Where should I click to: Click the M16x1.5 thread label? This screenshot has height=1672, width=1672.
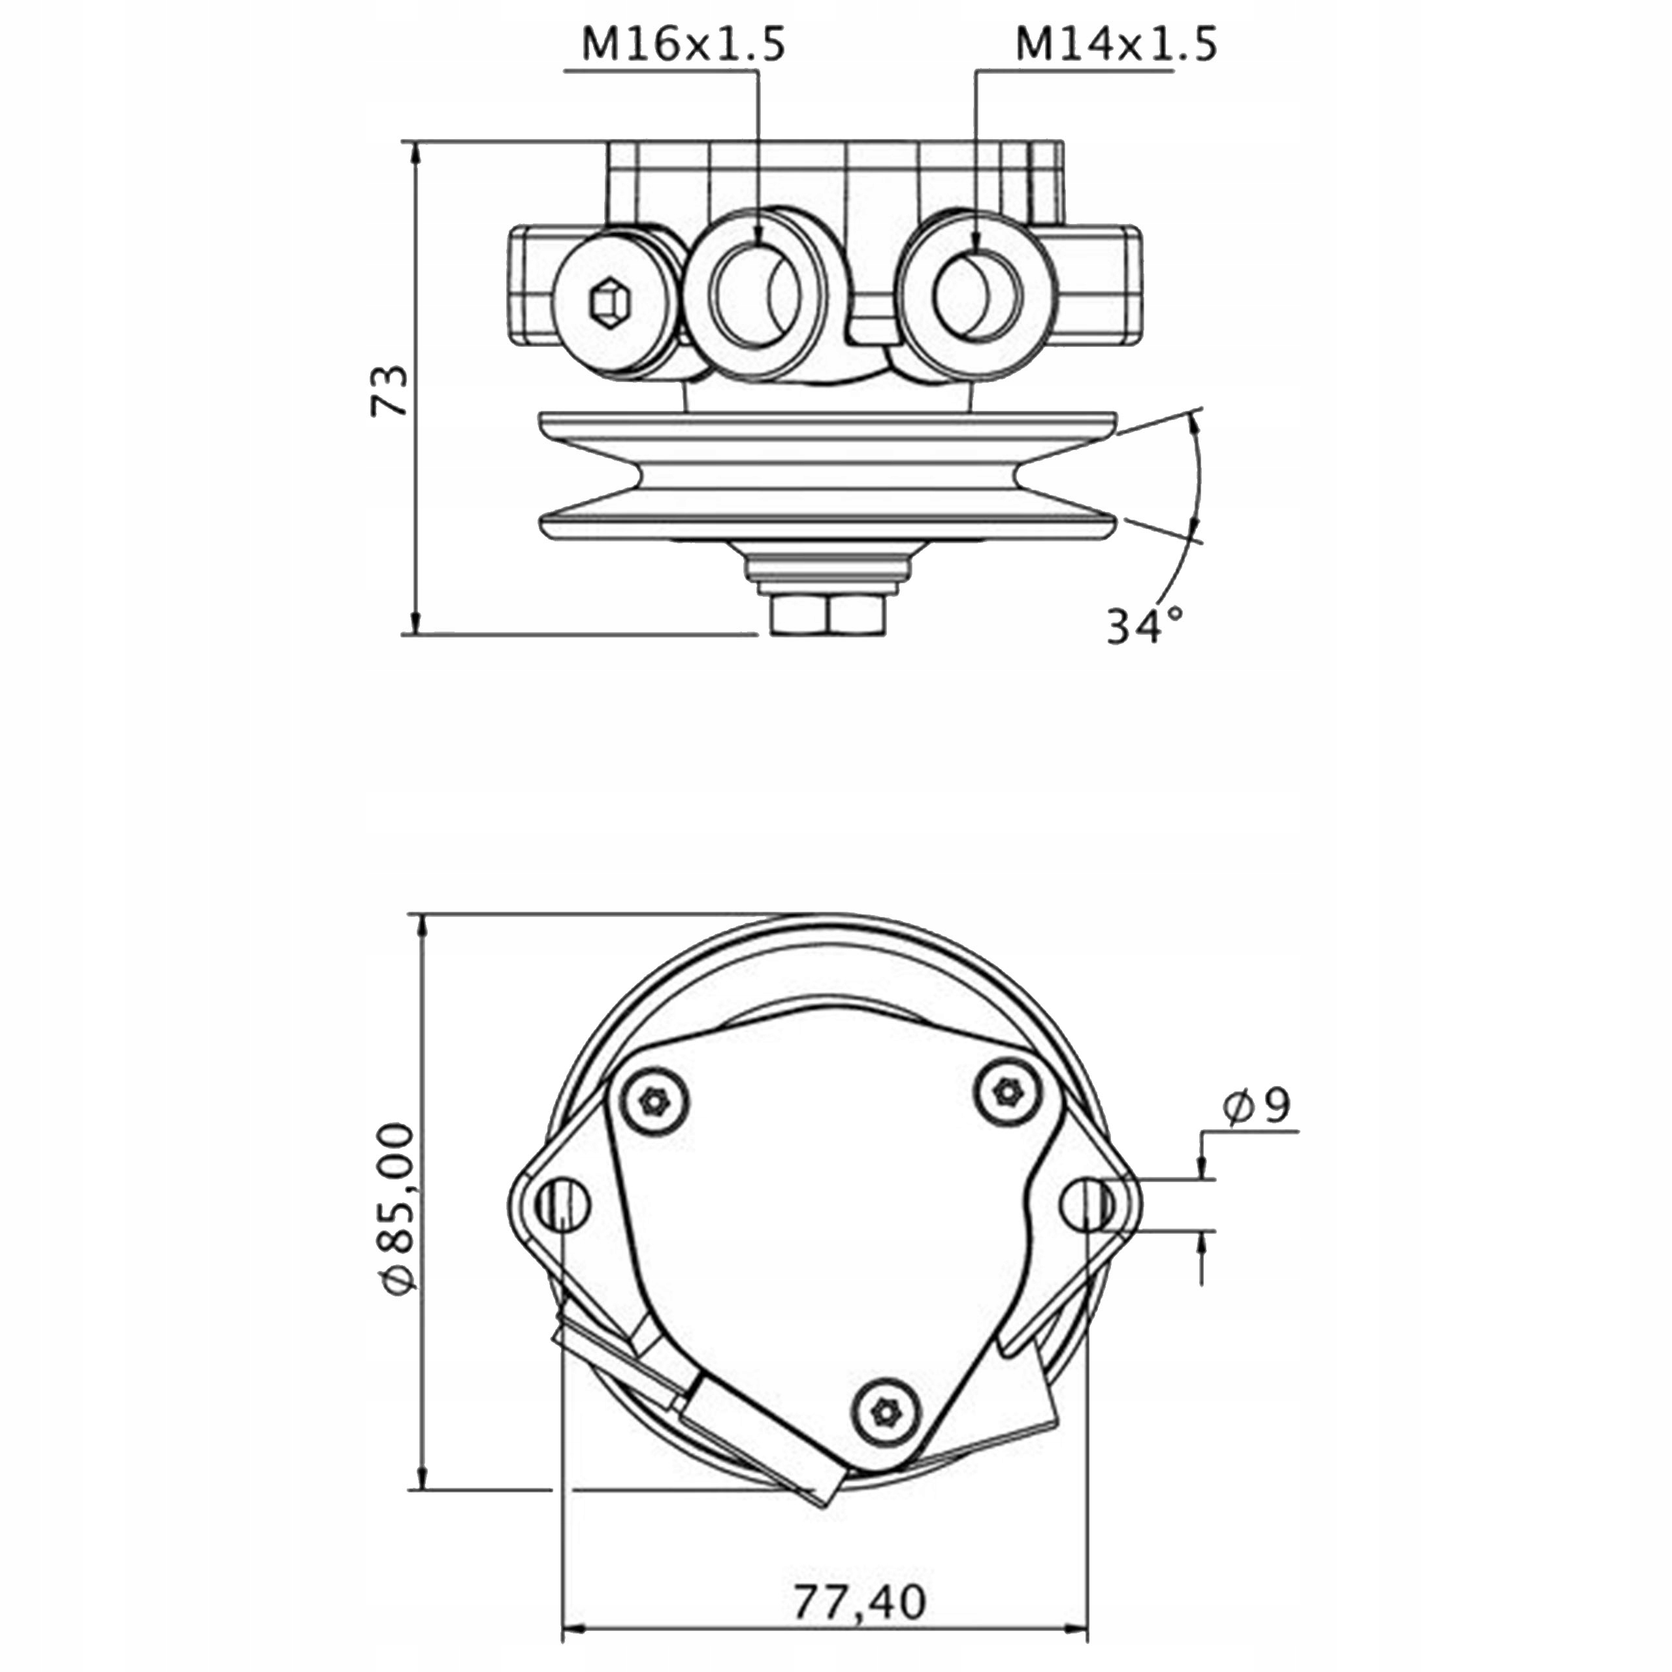[x=683, y=43]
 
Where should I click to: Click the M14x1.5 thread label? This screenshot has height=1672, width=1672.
[x=1116, y=43]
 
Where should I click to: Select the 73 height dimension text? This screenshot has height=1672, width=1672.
[x=389, y=391]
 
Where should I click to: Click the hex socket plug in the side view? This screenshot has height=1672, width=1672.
[x=611, y=304]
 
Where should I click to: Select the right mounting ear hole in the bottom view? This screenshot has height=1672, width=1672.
[x=1089, y=1204]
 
